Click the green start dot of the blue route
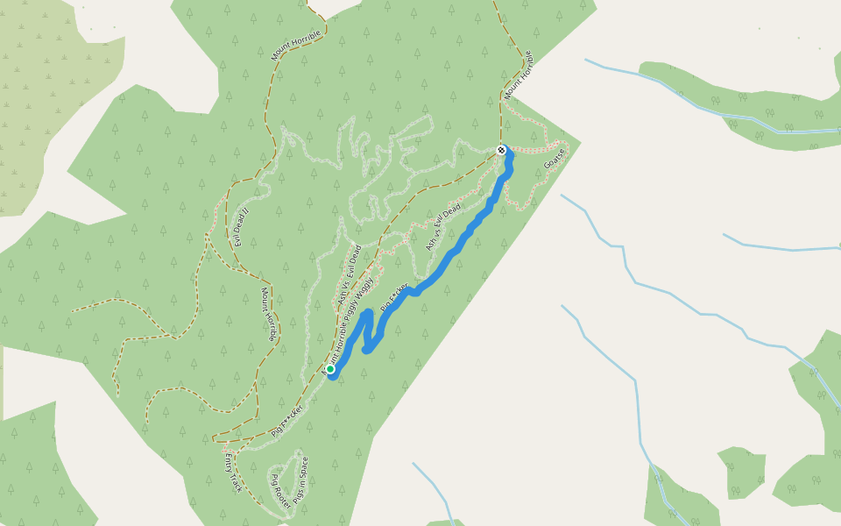point(330,369)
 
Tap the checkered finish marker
point(501,150)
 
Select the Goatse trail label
point(554,159)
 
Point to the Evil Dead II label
point(243,226)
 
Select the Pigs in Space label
point(300,481)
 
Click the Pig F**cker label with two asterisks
point(287,421)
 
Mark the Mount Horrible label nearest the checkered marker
point(519,75)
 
